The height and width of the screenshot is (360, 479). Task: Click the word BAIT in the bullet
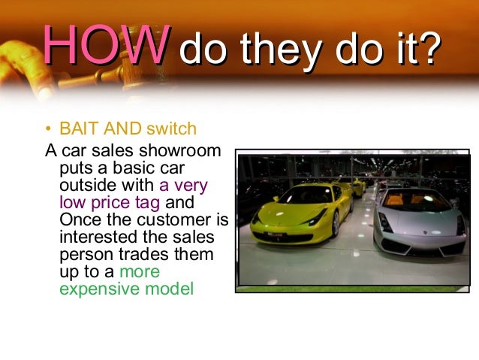click(77, 129)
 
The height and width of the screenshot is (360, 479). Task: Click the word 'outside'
click(84, 184)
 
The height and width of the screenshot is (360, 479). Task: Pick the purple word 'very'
click(191, 184)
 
